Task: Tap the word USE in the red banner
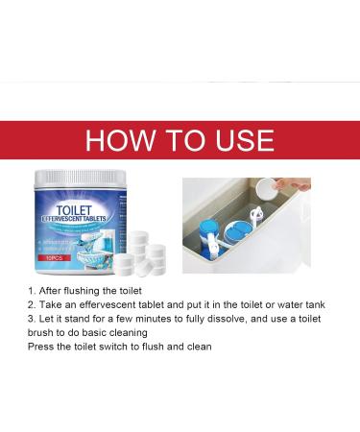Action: pyautogui.click(x=238, y=140)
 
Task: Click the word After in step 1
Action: pyautogui.click(x=53, y=288)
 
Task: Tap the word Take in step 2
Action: pyautogui.click(x=53, y=302)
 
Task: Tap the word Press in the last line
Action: pyautogui.click(x=44, y=345)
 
